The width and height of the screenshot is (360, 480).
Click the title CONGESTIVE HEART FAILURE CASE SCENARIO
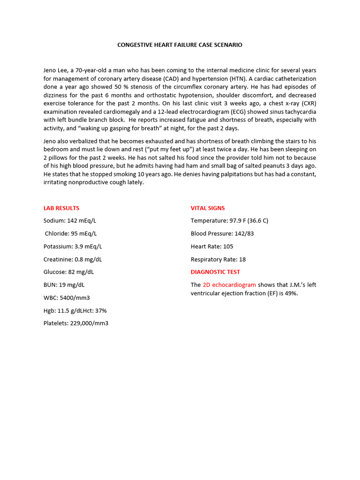pyautogui.click(x=180, y=45)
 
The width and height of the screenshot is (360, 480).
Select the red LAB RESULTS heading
pyautogui.click(x=61, y=208)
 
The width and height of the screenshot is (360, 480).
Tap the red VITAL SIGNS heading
pyautogui.click(x=208, y=208)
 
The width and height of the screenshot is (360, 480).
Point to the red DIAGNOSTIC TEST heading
pyautogui.click(x=215, y=272)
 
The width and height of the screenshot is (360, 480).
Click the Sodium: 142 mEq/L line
pyautogui.click(x=70, y=221)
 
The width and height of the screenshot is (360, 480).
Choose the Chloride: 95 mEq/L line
pyautogui.click(x=71, y=233)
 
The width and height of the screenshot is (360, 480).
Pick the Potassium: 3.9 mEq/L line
pyautogui.click(x=73, y=246)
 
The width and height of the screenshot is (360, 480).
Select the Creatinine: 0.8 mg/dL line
pyautogui.click(x=73, y=259)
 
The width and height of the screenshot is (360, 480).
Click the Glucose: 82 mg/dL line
pyautogui.click(x=69, y=272)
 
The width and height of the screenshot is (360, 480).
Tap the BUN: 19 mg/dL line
pyautogui.click(x=64, y=285)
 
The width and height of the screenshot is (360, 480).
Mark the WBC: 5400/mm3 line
pyautogui.click(x=67, y=298)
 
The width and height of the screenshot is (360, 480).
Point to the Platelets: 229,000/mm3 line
pyautogui.click(x=76, y=323)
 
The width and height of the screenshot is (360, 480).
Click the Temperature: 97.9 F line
pyautogui.click(x=229, y=221)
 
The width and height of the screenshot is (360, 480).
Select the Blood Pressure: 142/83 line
pyautogui.click(x=222, y=233)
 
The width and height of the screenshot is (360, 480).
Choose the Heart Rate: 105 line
pyautogui.click(x=212, y=246)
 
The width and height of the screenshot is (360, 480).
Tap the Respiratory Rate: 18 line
pyautogui.click(x=218, y=259)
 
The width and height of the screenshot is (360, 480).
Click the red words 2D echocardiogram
pyautogui.click(x=229, y=285)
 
